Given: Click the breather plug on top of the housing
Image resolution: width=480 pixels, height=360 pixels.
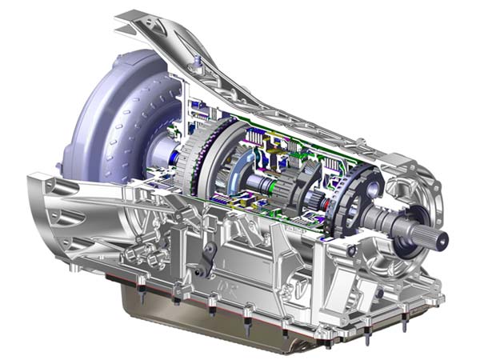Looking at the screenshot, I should tap(194, 61).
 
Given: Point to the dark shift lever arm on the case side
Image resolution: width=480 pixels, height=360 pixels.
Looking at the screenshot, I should tap(210, 259).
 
